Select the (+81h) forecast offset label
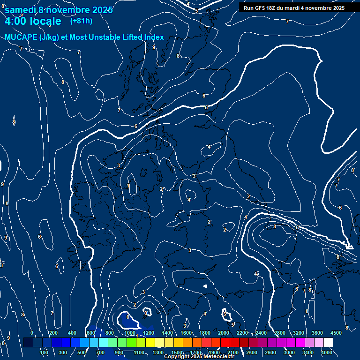(81, 21)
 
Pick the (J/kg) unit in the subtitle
(49, 37)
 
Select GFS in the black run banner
(260, 8)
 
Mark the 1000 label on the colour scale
(130, 333)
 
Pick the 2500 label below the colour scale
(270, 352)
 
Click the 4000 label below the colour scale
(327, 352)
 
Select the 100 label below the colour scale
(45, 352)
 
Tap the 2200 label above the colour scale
(242, 333)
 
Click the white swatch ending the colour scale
(328, 343)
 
